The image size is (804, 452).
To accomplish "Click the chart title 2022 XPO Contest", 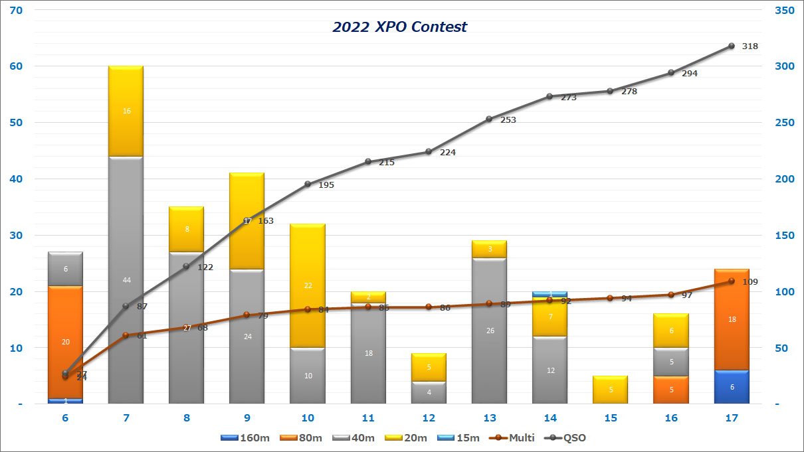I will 399,27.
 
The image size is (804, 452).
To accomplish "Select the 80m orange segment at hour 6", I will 65,342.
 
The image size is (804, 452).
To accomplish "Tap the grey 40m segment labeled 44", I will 126,279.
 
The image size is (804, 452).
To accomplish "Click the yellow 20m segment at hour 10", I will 308,285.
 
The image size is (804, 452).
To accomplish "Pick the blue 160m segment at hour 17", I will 732,387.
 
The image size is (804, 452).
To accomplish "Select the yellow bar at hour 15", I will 610,390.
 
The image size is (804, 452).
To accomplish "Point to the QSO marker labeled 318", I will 731,46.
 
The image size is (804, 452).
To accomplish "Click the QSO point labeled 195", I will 308,184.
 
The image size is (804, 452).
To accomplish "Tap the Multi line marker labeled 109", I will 731,281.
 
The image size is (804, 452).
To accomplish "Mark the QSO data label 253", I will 508,120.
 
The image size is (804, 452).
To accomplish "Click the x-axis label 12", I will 429,417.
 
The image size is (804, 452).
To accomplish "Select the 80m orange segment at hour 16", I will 670,390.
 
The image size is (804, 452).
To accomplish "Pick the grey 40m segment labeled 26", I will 489,331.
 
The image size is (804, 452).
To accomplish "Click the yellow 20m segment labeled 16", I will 126,111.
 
